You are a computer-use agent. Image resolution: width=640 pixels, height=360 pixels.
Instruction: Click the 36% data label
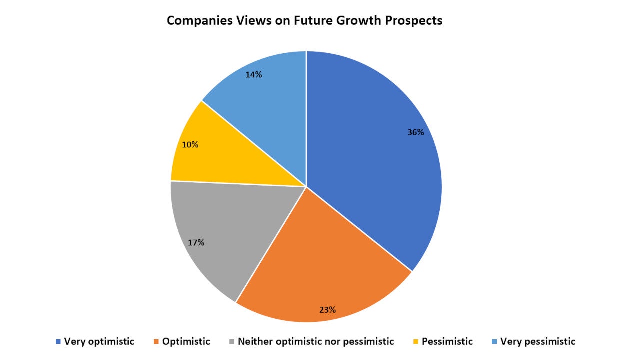click(415, 132)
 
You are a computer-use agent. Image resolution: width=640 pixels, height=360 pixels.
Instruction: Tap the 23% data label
click(327, 310)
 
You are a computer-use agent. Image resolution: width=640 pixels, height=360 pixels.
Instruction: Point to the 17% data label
click(196, 243)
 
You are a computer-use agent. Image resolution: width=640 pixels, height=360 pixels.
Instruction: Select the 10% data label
click(190, 145)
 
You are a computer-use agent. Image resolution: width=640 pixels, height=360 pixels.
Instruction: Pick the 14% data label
click(253, 75)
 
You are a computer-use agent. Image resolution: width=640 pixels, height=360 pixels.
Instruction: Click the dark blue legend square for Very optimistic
click(58, 342)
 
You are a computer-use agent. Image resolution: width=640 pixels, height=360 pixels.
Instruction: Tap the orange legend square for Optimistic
click(156, 342)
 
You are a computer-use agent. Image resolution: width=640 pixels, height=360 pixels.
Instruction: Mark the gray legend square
click(232, 342)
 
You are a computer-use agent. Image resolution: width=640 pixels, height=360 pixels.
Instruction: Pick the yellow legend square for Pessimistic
click(416, 342)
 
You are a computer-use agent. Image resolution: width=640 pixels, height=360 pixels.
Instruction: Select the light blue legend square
click(494, 342)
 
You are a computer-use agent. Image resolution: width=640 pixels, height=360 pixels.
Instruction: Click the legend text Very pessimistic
click(538, 342)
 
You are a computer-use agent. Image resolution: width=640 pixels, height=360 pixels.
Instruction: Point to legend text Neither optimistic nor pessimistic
click(316, 342)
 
